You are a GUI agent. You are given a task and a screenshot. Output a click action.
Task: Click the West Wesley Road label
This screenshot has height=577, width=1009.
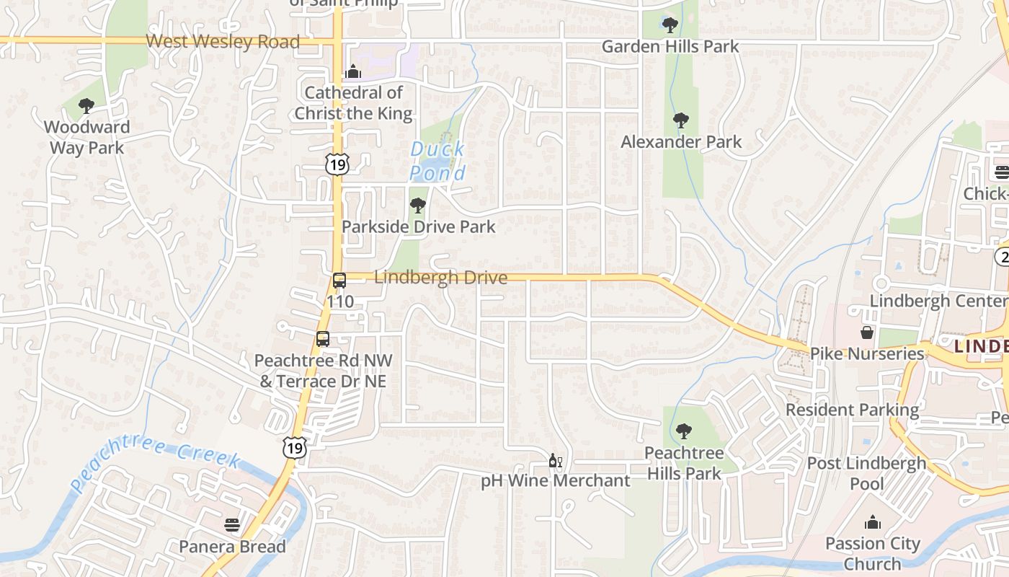(x=223, y=42)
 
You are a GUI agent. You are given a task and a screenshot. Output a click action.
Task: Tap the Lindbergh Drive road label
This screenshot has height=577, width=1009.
(x=440, y=278)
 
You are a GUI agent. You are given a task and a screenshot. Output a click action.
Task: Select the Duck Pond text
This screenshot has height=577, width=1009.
(x=437, y=161)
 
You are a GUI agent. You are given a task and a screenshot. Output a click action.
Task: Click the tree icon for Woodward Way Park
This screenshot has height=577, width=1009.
(x=86, y=107)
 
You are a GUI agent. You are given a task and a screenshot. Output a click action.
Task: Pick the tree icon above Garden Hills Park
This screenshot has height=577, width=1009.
(x=670, y=26)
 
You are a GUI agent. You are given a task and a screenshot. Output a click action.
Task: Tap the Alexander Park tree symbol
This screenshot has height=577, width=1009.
(x=681, y=120)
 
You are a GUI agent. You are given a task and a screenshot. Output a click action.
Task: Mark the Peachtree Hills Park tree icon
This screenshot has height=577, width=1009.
(x=683, y=431)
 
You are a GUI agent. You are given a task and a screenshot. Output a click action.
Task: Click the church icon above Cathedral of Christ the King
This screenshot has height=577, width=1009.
(x=353, y=71)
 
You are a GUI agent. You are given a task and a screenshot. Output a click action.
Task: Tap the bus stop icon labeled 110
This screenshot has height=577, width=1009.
(x=339, y=281)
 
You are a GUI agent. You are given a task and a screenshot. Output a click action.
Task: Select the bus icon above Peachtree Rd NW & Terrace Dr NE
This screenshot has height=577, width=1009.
(x=323, y=338)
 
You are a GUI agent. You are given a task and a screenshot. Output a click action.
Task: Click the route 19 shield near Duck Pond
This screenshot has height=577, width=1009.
(x=337, y=164)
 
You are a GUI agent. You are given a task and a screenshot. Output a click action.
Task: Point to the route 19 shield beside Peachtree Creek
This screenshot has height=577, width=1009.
(x=295, y=447)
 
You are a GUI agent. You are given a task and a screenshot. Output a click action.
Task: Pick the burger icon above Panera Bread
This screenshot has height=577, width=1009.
(x=232, y=524)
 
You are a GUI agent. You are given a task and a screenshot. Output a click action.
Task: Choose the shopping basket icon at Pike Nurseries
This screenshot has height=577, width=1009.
(x=867, y=332)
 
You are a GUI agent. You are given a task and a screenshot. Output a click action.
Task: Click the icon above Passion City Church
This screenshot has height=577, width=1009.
(x=873, y=522)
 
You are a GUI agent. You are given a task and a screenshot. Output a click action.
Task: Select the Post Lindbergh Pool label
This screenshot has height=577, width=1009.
(x=866, y=473)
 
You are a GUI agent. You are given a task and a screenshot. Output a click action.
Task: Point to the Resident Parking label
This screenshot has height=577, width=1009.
(x=852, y=410)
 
